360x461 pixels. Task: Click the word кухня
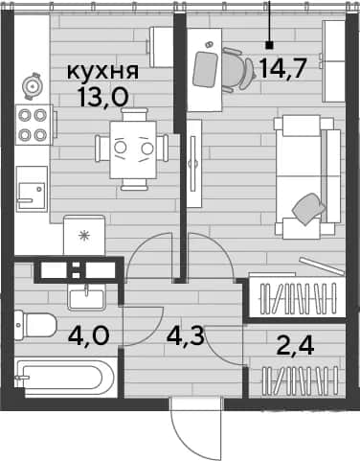point(102,72)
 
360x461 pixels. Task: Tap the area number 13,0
point(103,97)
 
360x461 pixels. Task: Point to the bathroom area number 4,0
point(89,335)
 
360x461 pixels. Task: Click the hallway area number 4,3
point(185,335)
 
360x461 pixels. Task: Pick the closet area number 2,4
point(296,346)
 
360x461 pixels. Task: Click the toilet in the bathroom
point(35,325)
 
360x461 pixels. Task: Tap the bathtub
point(65,377)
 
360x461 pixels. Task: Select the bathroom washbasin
point(86,298)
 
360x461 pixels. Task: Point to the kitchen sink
point(32,189)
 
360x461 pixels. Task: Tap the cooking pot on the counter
point(32,85)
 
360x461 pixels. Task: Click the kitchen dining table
point(133,150)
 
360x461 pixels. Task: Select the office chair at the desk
point(237,69)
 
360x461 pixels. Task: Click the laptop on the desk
point(204,69)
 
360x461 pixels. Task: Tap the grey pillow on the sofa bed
point(308,208)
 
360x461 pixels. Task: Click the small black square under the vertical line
point(270,46)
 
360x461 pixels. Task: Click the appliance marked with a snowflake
point(84,235)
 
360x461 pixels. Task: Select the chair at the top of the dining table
point(135,114)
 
